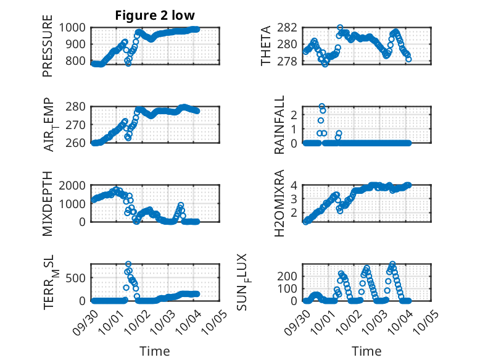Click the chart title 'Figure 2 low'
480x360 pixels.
tap(155, 15)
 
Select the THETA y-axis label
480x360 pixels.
tap(266, 46)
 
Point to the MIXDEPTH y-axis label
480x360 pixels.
tap(48, 203)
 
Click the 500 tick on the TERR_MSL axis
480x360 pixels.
tap(80, 277)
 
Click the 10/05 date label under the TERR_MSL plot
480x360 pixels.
tap(211, 316)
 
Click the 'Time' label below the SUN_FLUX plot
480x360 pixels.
tap(366, 351)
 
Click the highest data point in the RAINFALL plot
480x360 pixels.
tap(321, 106)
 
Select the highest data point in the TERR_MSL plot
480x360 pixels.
tap(128, 264)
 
